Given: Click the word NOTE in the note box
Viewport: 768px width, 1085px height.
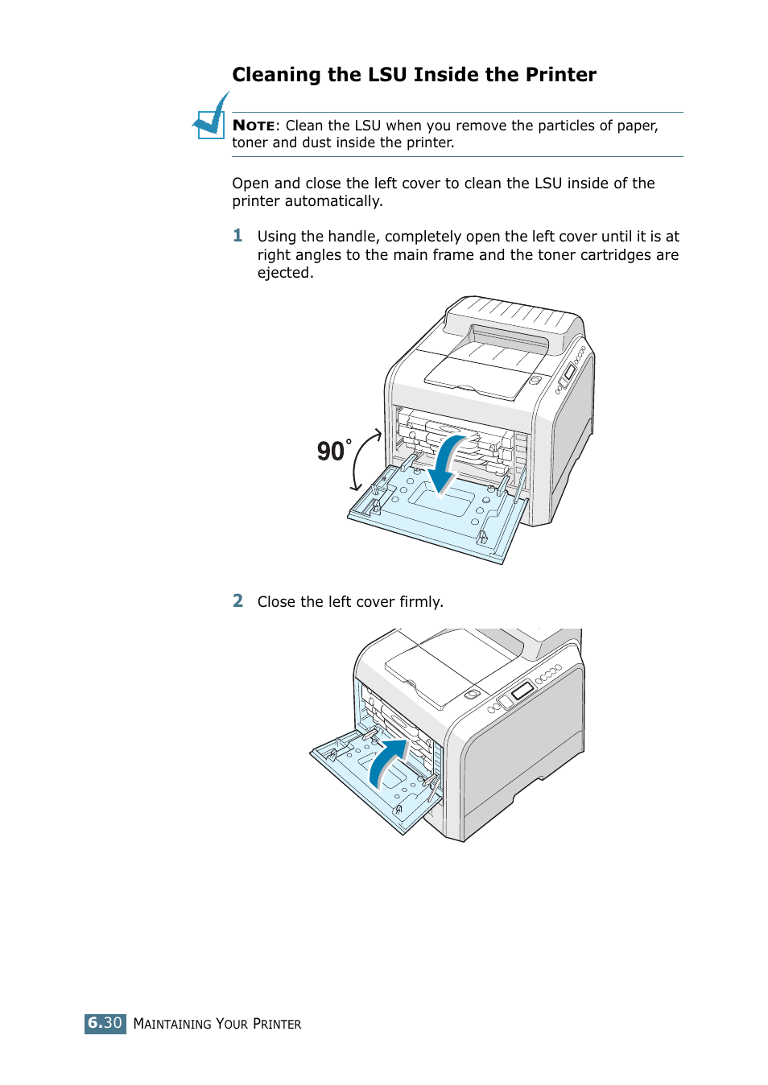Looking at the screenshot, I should [x=254, y=126].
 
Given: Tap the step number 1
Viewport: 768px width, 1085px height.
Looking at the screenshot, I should [x=237, y=235].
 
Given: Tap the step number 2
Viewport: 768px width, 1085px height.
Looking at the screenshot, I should [x=237, y=600].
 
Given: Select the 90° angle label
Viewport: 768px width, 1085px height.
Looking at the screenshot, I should [x=333, y=451].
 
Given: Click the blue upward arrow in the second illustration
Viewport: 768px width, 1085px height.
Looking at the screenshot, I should [x=388, y=761].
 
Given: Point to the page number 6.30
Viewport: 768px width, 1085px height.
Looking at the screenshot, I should [x=105, y=1023].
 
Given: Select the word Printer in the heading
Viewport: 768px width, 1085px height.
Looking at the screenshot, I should [x=560, y=75].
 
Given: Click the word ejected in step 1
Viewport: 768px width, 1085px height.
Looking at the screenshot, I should [x=283, y=273].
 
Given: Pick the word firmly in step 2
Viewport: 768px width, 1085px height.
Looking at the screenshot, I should [x=420, y=602].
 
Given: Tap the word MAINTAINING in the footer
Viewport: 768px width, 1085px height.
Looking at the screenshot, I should [x=172, y=1024].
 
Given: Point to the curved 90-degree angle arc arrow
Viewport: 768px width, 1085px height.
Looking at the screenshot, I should [x=365, y=459].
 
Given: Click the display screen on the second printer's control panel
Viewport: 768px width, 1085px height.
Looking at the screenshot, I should [x=522, y=690].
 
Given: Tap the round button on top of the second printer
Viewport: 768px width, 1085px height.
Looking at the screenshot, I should [x=473, y=694].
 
